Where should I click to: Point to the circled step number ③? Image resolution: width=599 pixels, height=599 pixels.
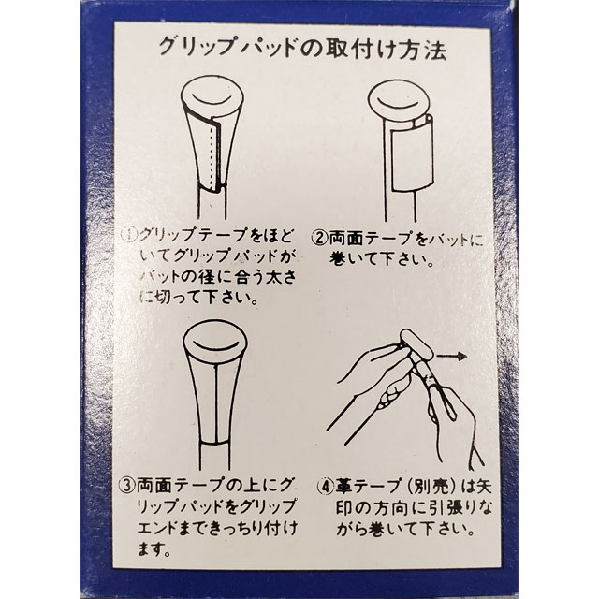[x=130, y=486]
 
